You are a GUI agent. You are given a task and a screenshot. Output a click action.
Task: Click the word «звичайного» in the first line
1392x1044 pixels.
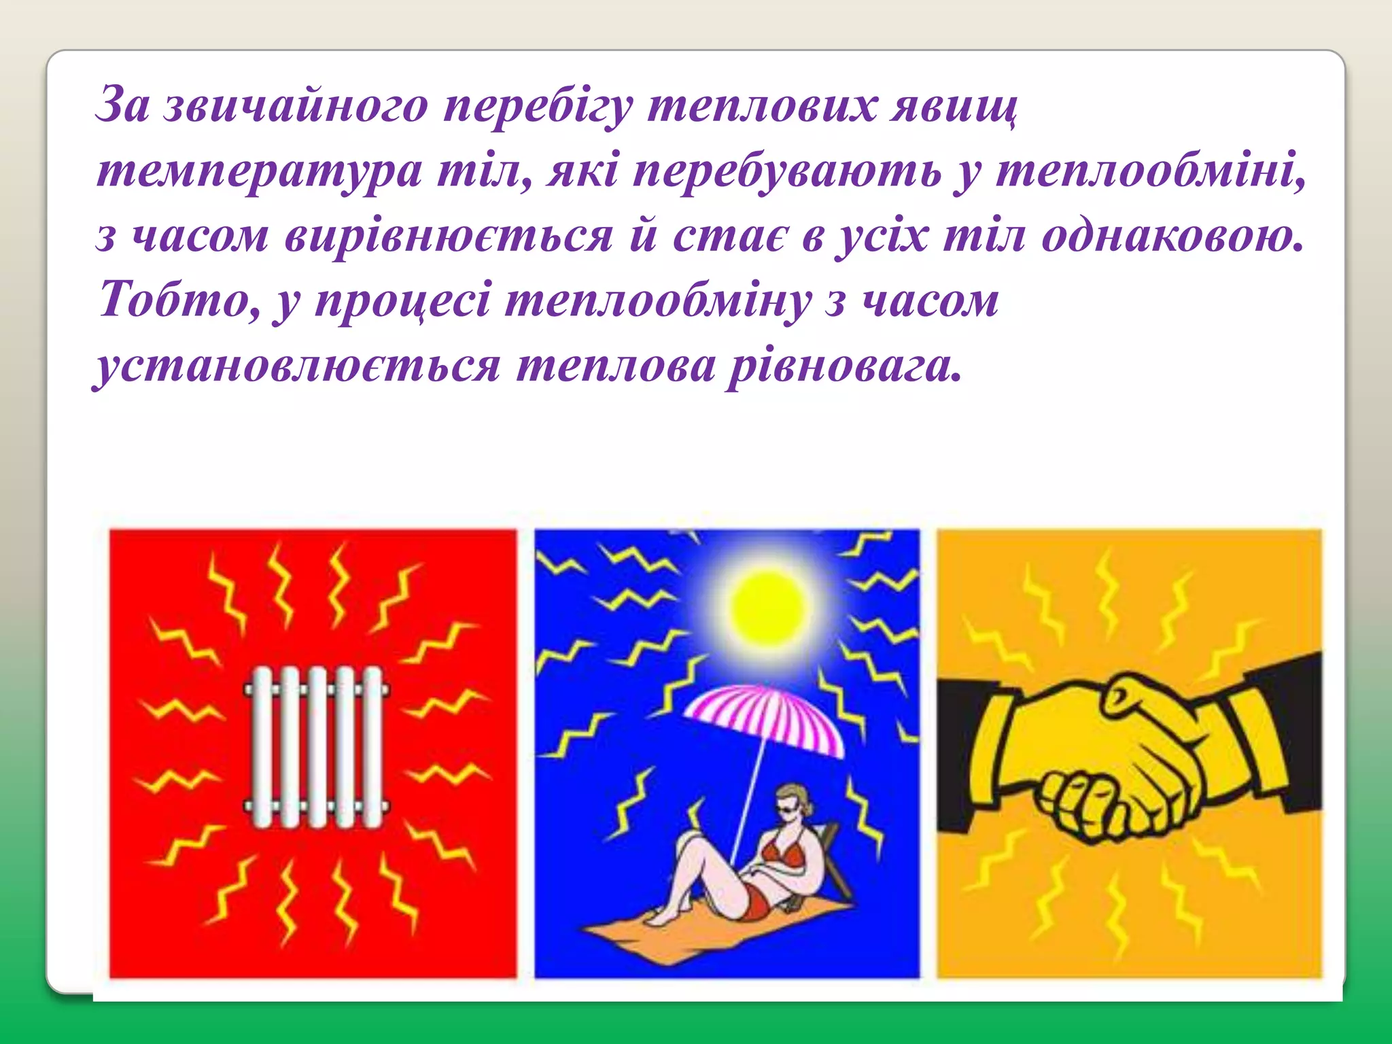(x=296, y=107)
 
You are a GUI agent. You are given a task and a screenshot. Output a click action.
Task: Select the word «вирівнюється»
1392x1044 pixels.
(x=449, y=237)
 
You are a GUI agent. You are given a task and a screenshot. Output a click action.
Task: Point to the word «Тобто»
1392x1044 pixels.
(x=179, y=300)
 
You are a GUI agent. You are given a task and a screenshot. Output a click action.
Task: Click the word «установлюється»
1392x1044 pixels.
(x=297, y=367)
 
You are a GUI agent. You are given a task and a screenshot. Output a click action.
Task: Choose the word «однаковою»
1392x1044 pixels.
(x=1172, y=237)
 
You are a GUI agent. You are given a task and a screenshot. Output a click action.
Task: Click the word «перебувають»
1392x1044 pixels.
(x=787, y=172)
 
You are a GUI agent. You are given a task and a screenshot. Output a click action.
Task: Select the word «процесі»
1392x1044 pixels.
(x=402, y=300)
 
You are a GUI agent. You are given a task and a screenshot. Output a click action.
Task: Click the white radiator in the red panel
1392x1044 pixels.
(x=316, y=746)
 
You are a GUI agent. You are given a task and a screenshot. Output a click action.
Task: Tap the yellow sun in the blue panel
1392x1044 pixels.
(x=767, y=605)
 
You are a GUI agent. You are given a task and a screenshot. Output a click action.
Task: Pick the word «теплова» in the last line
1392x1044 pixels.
(x=615, y=367)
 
